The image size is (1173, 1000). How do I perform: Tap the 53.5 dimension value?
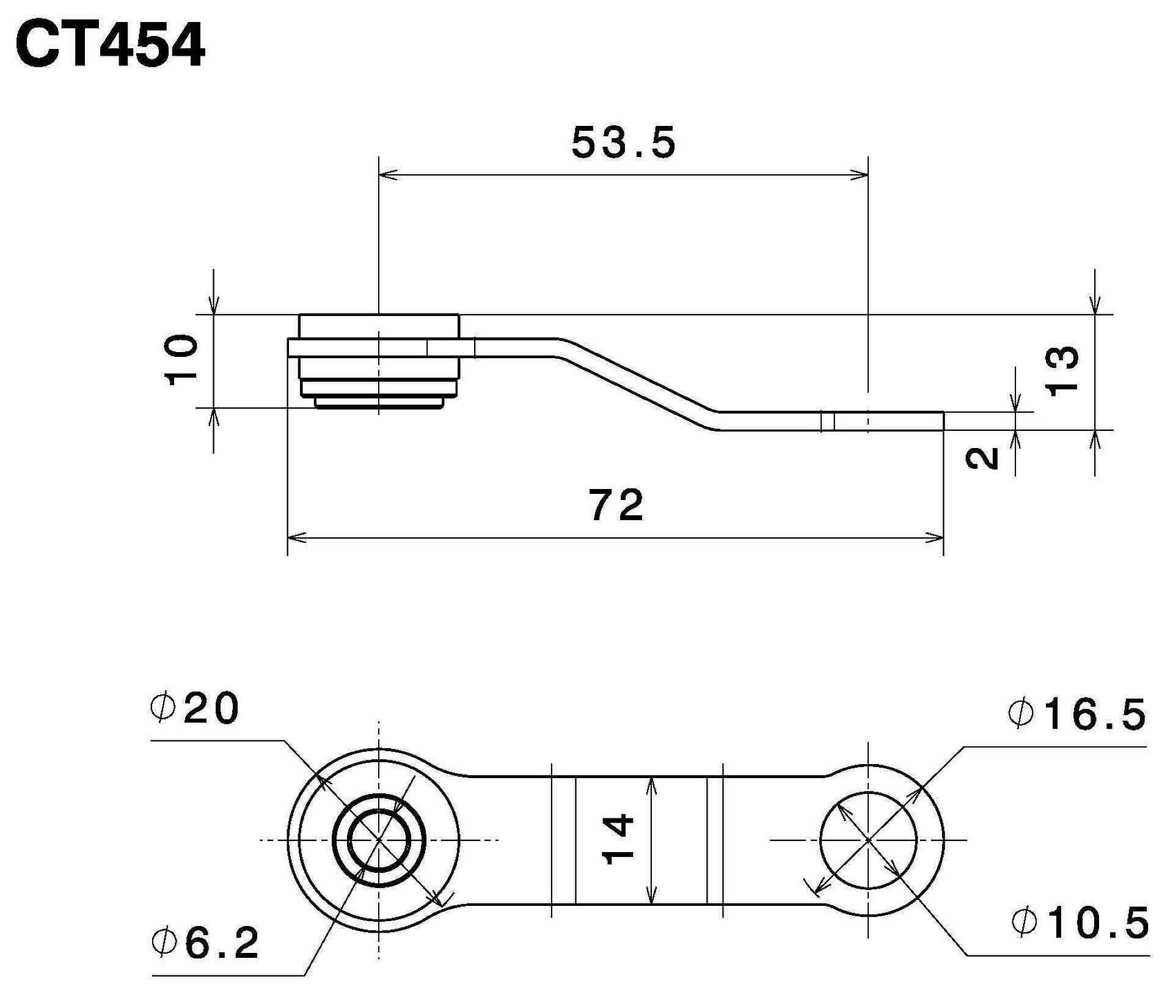coord(623,143)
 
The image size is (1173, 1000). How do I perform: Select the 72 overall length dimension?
coord(617,505)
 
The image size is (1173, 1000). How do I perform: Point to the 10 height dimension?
coord(182,359)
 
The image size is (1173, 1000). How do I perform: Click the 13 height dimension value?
coord(1063,371)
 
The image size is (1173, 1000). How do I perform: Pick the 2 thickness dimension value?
coord(983,458)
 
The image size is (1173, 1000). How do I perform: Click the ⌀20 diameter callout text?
coord(194,709)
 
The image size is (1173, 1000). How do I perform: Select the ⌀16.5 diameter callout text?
coord(1077,715)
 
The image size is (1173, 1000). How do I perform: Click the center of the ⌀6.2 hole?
coord(379,840)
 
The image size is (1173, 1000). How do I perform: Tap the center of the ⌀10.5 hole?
coord(868,840)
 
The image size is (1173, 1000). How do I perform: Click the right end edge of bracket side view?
coord(944,421)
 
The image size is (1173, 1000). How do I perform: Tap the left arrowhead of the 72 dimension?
coord(295,538)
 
